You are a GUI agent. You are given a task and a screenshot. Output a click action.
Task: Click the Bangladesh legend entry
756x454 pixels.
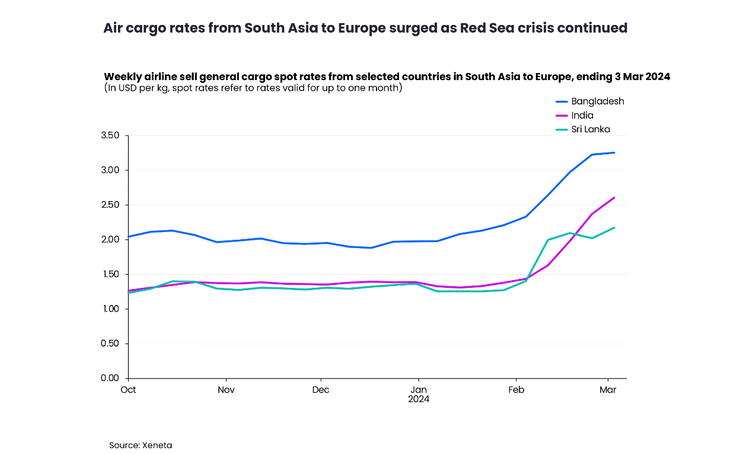click(597, 101)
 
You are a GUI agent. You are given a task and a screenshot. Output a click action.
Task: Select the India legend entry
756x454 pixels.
click(582, 115)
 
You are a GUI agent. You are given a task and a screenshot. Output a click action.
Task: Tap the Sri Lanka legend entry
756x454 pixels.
click(590, 129)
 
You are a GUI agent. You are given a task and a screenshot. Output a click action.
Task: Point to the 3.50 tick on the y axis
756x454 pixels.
click(110, 135)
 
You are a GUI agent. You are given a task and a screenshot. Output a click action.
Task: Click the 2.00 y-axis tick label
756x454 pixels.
click(110, 239)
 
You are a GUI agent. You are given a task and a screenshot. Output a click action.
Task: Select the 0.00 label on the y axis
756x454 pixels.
click(110, 378)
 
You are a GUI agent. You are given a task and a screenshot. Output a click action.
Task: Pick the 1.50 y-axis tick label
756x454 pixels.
click(110, 274)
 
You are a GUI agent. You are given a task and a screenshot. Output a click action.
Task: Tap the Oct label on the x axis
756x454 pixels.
click(128, 390)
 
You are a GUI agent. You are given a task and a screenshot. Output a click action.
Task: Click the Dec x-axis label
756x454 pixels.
click(321, 390)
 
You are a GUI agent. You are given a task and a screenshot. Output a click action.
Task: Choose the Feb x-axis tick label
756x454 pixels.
click(516, 390)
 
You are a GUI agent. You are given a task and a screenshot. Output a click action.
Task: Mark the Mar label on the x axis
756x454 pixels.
click(608, 390)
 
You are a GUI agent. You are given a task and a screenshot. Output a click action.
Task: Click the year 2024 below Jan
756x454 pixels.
click(419, 399)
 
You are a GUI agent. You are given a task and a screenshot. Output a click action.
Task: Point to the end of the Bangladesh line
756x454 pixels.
click(614, 153)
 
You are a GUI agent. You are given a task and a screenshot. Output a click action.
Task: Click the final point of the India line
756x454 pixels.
click(614, 198)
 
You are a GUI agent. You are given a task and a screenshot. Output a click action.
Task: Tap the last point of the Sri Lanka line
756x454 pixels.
click(614, 227)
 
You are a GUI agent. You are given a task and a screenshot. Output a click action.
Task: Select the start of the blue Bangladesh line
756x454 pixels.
click(129, 237)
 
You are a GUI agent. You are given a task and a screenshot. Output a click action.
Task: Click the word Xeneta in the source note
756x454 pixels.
click(157, 445)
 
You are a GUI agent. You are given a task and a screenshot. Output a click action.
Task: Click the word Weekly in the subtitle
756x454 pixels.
click(122, 77)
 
